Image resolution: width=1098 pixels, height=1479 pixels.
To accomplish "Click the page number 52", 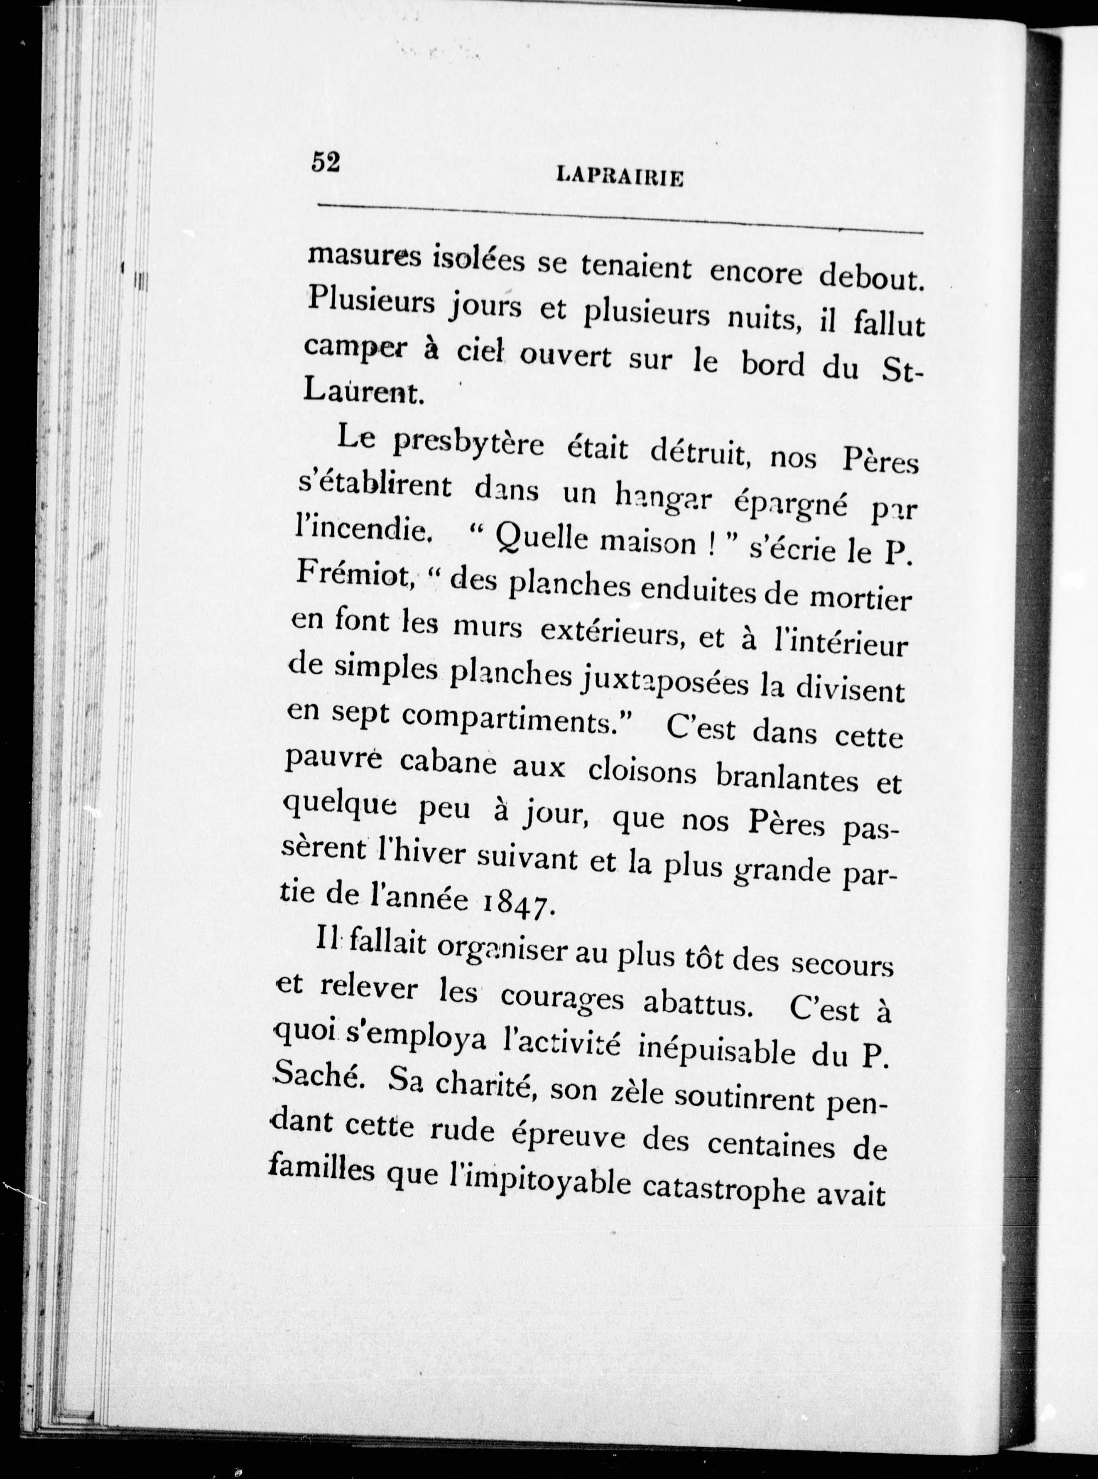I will (326, 162).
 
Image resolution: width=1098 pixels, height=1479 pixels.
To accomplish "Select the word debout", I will (872, 275).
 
